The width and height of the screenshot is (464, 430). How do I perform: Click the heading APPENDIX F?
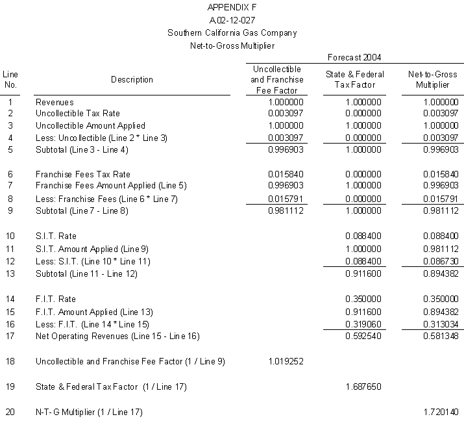pos(231,7)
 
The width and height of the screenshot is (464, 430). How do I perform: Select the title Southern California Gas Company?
pos(232,32)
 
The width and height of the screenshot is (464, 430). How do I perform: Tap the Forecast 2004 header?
pos(354,57)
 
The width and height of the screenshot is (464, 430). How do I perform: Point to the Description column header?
pos(132,80)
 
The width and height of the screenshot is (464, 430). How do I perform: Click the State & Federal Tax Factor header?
pos(354,79)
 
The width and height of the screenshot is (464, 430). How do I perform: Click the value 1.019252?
pos(285,360)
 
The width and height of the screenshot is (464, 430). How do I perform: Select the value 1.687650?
pos(363,386)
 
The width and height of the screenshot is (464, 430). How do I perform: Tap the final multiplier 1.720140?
pos(441,412)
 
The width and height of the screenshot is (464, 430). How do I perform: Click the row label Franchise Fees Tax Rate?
pos(83,174)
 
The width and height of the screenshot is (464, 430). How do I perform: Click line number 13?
pos(10,273)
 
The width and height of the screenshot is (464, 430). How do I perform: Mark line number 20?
pos(10,412)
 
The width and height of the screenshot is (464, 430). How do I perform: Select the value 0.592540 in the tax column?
pos(363,336)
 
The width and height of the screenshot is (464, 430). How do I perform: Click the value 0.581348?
pos(441,336)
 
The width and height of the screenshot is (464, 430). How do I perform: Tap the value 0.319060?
pos(363,323)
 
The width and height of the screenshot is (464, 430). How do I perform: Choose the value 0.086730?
pos(441,261)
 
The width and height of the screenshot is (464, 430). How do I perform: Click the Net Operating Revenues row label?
pos(117,336)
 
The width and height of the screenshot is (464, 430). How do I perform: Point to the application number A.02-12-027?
pos(232,19)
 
